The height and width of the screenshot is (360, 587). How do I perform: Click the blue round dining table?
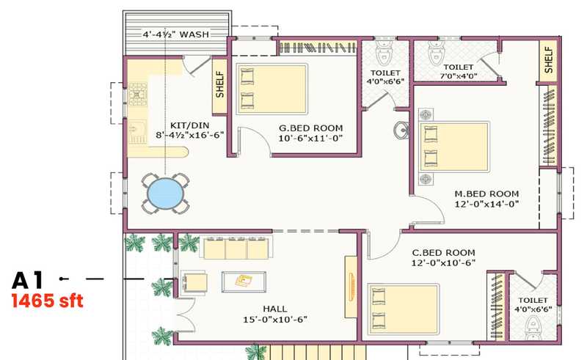tap(166, 194)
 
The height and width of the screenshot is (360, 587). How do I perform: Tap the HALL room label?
tap(275, 309)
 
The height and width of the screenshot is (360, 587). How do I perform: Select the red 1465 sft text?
tap(47, 301)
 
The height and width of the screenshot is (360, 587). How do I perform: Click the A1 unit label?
tap(28, 280)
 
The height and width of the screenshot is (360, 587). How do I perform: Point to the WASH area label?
tap(194, 34)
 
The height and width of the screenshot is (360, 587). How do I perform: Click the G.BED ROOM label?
tap(310, 128)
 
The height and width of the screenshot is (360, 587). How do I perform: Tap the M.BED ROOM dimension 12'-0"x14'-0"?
tap(486, 205)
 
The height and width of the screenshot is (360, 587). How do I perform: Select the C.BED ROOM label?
tap(444, 253)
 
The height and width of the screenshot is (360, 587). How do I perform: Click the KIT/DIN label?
tap(189, 125)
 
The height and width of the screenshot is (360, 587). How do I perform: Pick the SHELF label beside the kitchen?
tap(219, 85)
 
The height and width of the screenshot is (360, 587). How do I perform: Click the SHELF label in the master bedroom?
tap(548, 60)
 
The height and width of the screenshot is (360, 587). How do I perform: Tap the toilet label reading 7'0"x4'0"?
tap(458, 76)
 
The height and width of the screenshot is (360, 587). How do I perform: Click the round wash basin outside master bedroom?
tap(401, 131)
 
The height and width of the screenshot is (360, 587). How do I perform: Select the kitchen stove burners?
tap(137, 94)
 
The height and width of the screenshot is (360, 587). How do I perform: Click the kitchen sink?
tap(137, 132)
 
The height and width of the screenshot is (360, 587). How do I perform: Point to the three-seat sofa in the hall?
tap(236, 247)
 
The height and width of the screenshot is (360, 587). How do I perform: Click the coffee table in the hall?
tap(244, 282)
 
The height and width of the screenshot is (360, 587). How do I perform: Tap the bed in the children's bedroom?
tap(403, 309)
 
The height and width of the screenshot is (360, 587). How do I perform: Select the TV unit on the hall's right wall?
tap(351, 287)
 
